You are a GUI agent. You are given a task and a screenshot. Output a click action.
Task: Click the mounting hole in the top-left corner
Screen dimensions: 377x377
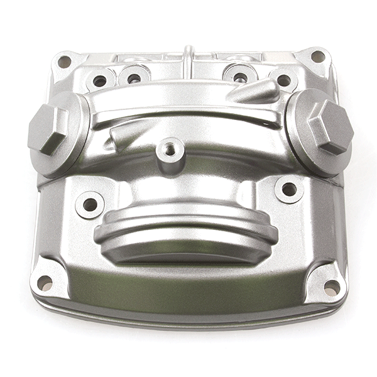pos(64,62)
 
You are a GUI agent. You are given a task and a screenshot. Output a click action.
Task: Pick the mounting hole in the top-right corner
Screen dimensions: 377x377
pos(318,57)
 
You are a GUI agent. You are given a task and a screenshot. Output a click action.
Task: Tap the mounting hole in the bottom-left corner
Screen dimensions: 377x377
pos(45,283)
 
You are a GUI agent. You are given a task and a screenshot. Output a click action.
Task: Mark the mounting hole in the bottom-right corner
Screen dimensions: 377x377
pos(331,287)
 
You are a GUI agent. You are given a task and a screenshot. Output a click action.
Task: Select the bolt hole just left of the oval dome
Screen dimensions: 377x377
pos(90,204)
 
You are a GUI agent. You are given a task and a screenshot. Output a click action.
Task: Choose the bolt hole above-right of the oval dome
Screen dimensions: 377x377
pos(288,189)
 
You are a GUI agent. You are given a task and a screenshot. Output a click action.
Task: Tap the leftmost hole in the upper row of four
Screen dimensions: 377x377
pos(100,81)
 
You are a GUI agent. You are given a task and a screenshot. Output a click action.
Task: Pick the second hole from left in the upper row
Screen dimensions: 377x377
pos(134,79)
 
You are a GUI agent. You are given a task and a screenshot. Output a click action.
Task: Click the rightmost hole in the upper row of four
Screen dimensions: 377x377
pos(284,80)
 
